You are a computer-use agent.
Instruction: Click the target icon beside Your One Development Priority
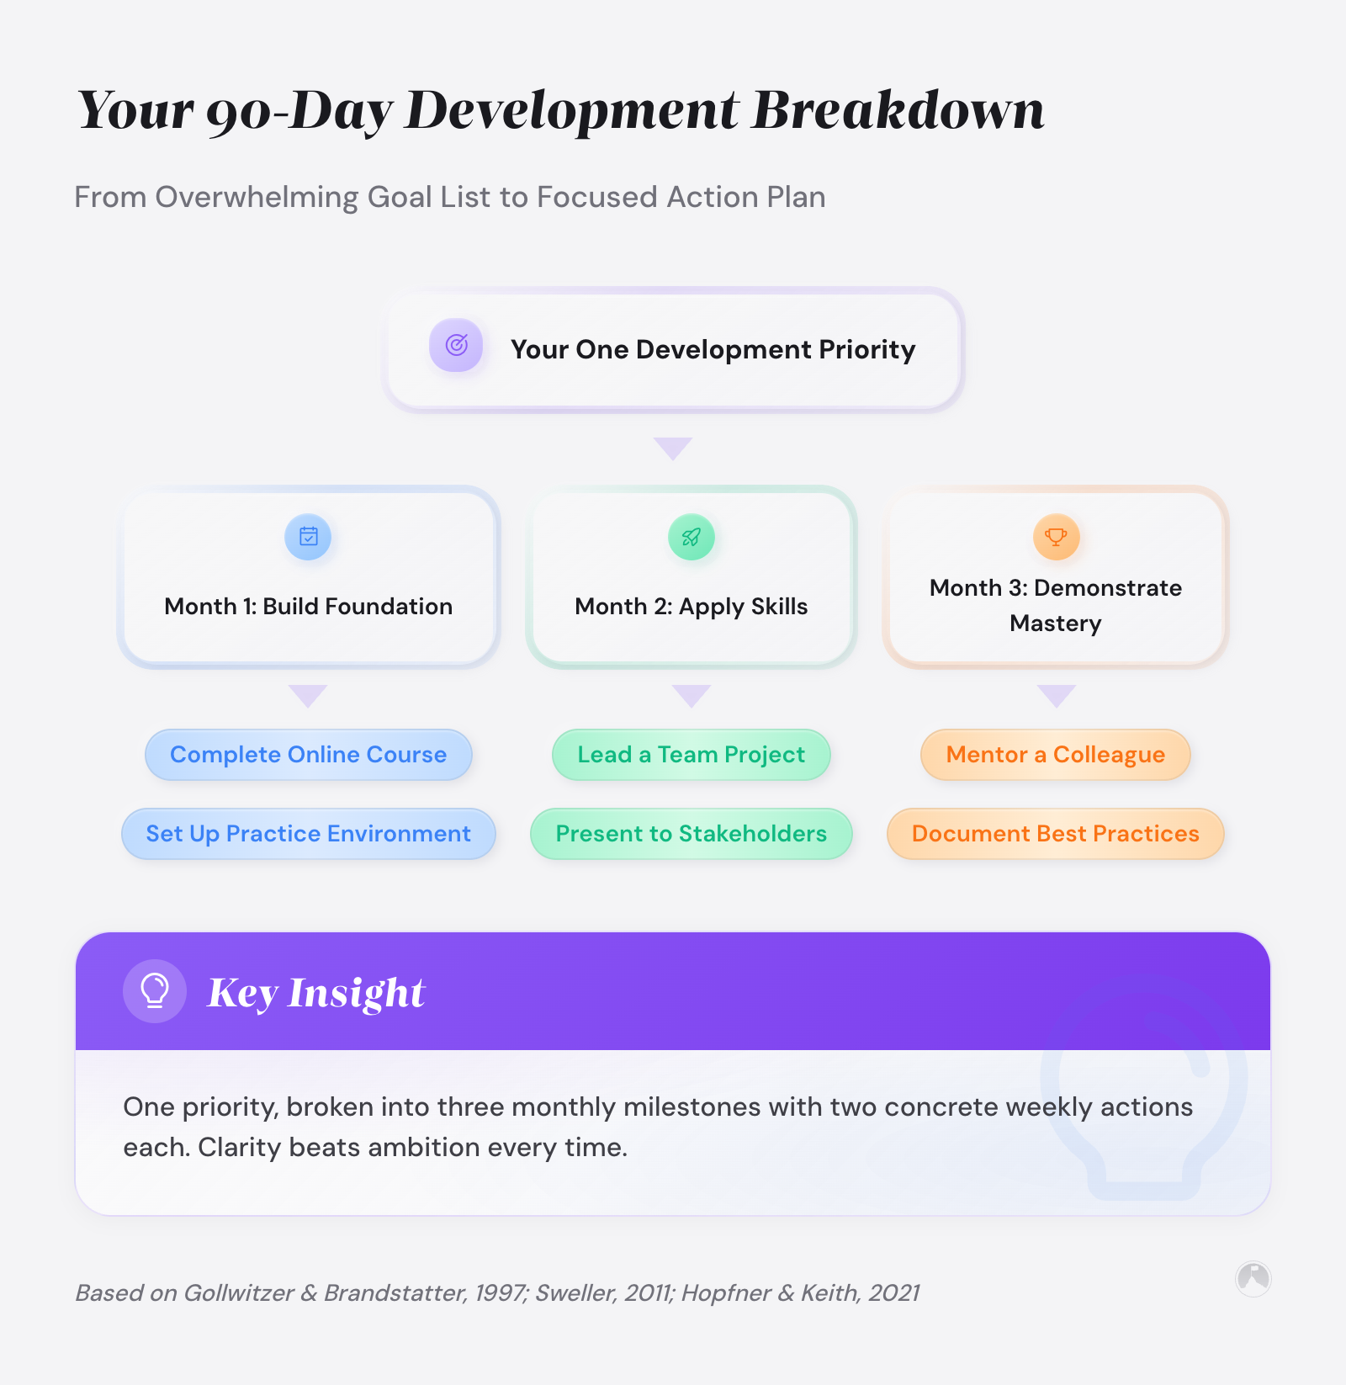click(456, 345)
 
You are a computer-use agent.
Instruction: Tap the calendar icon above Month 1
click(309, 537)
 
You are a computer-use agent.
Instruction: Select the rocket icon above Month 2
click(691, 537)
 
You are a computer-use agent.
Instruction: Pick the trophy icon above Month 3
click(1056, 537)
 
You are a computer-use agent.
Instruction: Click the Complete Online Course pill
click(308, 755)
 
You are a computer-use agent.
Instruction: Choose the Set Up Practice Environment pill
click(308, 834)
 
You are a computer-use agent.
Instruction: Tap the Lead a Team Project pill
click(691, 755)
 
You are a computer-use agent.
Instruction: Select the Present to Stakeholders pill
click(691, 834)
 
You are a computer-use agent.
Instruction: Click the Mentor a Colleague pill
click(1055, 755)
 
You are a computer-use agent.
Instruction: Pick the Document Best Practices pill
click(1055, 834)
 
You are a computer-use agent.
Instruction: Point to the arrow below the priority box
click(673, 448)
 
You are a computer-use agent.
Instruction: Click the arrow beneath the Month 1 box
click(308, 695)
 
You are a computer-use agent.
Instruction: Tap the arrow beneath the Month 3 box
click(1056, 695)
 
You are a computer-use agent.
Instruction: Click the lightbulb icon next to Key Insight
click(155, 991)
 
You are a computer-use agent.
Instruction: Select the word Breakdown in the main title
click(898, 110)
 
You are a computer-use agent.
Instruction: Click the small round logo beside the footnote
click(1253, 1279)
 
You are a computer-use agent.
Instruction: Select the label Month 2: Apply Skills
click(691, 607)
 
